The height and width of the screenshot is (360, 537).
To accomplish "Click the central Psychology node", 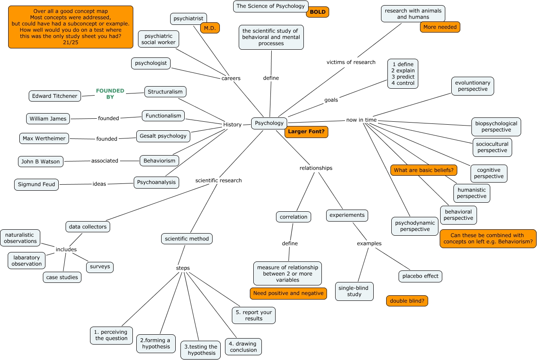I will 269,123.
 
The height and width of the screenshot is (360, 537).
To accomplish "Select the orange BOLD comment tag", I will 318,12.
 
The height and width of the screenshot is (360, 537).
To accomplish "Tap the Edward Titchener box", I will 55,96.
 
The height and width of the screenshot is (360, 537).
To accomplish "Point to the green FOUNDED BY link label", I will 110,94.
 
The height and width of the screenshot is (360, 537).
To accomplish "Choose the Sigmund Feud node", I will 37,185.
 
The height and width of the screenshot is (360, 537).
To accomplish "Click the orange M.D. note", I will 210,28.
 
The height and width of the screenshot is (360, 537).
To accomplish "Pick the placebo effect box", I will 420,276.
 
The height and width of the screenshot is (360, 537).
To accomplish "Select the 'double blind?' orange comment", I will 407,301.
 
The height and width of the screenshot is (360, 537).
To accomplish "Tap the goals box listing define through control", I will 402,74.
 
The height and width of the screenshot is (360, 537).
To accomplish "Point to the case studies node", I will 62,277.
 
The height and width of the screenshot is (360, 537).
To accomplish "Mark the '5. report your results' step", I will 254,315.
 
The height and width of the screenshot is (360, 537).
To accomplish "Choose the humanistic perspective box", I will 471,193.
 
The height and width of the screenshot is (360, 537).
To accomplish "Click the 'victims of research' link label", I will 351,62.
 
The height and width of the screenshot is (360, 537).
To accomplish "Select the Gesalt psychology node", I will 163,136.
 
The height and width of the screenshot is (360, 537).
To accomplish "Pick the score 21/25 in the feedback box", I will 70,42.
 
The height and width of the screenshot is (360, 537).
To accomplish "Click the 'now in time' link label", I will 361,120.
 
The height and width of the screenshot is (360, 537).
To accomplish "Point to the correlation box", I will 294,217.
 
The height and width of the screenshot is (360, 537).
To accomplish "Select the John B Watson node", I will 41,162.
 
